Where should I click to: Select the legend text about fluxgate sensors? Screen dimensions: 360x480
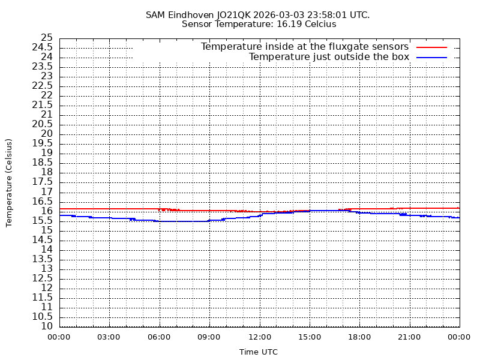[304, 47]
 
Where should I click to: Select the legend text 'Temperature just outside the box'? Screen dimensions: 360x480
[329, 57]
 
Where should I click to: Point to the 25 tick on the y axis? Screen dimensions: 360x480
[47, 38]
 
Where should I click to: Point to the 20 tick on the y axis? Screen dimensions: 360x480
[47, 134]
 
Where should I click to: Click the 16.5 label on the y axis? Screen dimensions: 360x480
[42, 201]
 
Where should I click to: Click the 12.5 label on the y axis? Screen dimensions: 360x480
[42, 278]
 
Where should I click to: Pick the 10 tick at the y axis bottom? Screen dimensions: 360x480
[47, 326]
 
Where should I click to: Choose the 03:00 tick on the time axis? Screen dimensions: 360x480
[109, 337]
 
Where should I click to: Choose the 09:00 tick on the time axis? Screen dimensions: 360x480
[209, 337]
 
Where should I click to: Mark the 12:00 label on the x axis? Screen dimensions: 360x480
[259, 337]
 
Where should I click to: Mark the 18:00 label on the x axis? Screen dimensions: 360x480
[359, 337]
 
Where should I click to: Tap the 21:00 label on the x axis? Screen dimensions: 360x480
[409, 337]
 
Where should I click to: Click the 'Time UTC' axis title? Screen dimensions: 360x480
[259, 352]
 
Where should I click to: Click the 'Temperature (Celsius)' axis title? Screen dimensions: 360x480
[9, 182]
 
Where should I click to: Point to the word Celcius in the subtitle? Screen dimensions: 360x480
[319, 24]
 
